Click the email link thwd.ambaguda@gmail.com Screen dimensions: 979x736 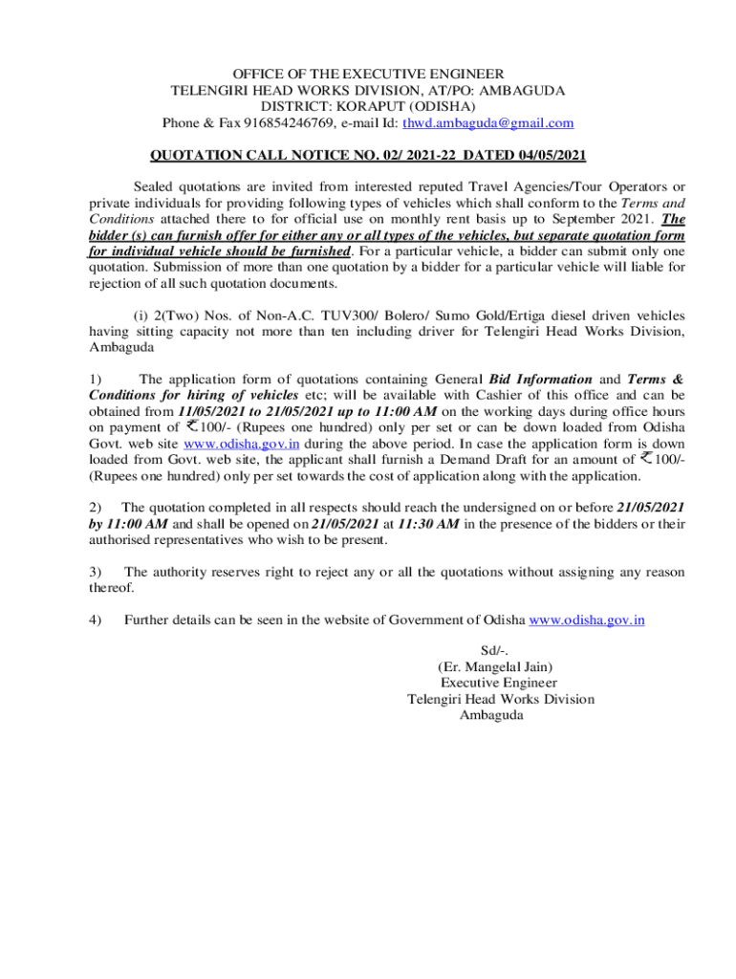(x=487, y=122)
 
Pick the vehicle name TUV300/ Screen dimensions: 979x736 (x=368, y=315)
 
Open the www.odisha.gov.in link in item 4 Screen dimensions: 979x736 (x=587, y=620)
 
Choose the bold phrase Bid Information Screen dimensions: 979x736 (x=540, y=379)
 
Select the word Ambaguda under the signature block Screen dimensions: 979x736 (x=491, y=715)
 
